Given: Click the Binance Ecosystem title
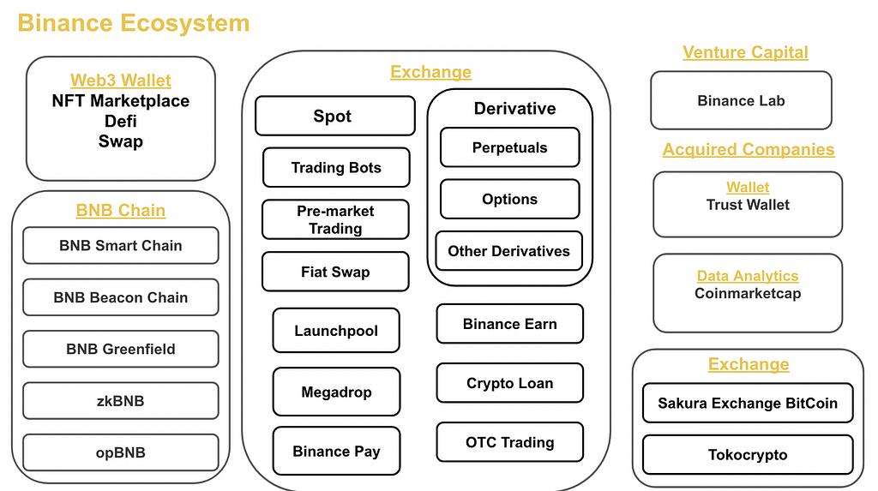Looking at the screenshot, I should click(134, 23).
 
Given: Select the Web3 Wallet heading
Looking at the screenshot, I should click(120, 81).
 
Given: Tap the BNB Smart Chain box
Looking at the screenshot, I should click(120, 246).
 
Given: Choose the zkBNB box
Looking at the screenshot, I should click(120, 400).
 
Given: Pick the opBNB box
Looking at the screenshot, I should click(120, 452).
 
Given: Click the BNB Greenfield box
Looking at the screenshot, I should click(120, 349).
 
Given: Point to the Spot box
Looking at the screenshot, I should click(334, 116).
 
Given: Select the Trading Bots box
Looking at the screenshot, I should click(335, 168).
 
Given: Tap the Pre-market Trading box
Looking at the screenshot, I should click(335, 219).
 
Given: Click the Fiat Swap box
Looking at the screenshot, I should click(335, 272).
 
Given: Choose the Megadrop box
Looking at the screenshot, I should click(336, 392).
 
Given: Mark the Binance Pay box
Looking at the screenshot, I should click(336, 452).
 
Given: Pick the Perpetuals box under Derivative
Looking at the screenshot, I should click(509, 147).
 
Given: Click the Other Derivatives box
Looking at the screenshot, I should click(508, 251).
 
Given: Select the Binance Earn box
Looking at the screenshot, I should click(509, 324).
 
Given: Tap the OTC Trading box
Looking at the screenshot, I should click(509, 442).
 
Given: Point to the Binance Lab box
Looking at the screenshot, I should click(741, 100).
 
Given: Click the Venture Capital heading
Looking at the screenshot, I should click(745, 52).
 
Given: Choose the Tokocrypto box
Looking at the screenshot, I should click(748, 455).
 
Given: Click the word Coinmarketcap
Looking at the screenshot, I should click(747, 293).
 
